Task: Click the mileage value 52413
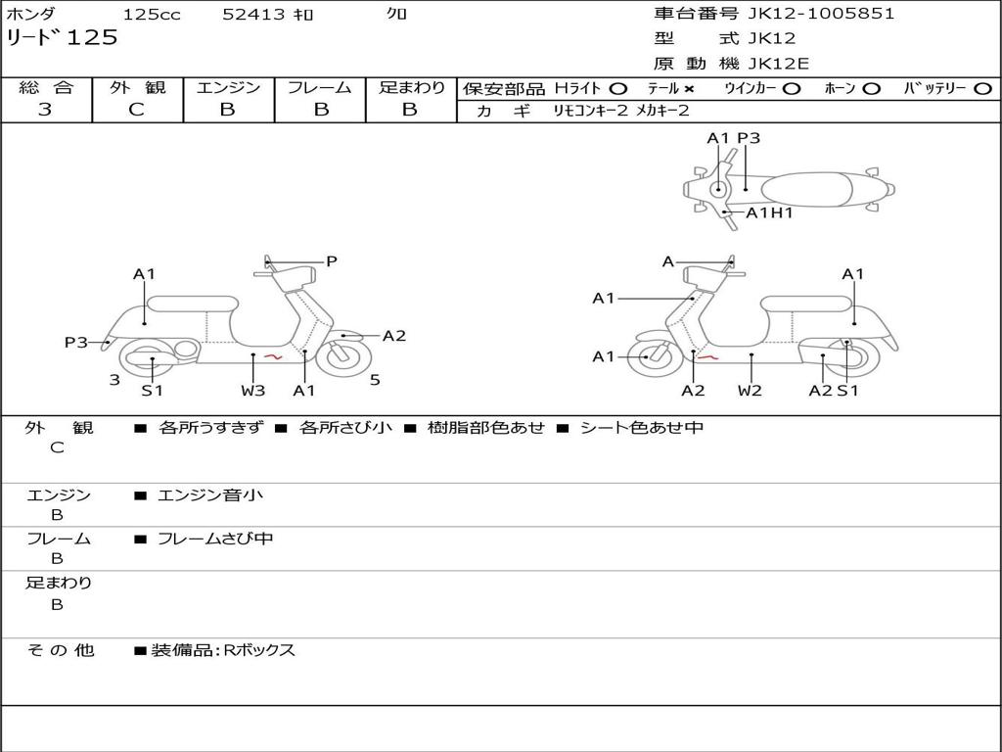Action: (254, 15)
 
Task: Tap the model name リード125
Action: (62, 38)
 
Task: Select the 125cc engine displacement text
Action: (152, 15)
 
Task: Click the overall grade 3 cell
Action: (45, 110)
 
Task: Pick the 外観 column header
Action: (137, 87)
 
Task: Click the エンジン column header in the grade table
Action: (228, 87)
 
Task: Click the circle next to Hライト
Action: (618, 88)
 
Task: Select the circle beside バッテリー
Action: (981, 88)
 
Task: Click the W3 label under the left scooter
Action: (253, 391)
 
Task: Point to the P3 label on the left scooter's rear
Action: (76, 342)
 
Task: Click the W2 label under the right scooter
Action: (750, 391)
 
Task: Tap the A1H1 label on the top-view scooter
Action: (769, 212)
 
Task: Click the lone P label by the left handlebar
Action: (332, 261)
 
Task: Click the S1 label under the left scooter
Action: (152, 391)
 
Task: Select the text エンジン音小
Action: (210, 495)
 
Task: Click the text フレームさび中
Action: (215, 539)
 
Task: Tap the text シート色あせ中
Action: (642, 428)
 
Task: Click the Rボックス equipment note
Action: (259, 650)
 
